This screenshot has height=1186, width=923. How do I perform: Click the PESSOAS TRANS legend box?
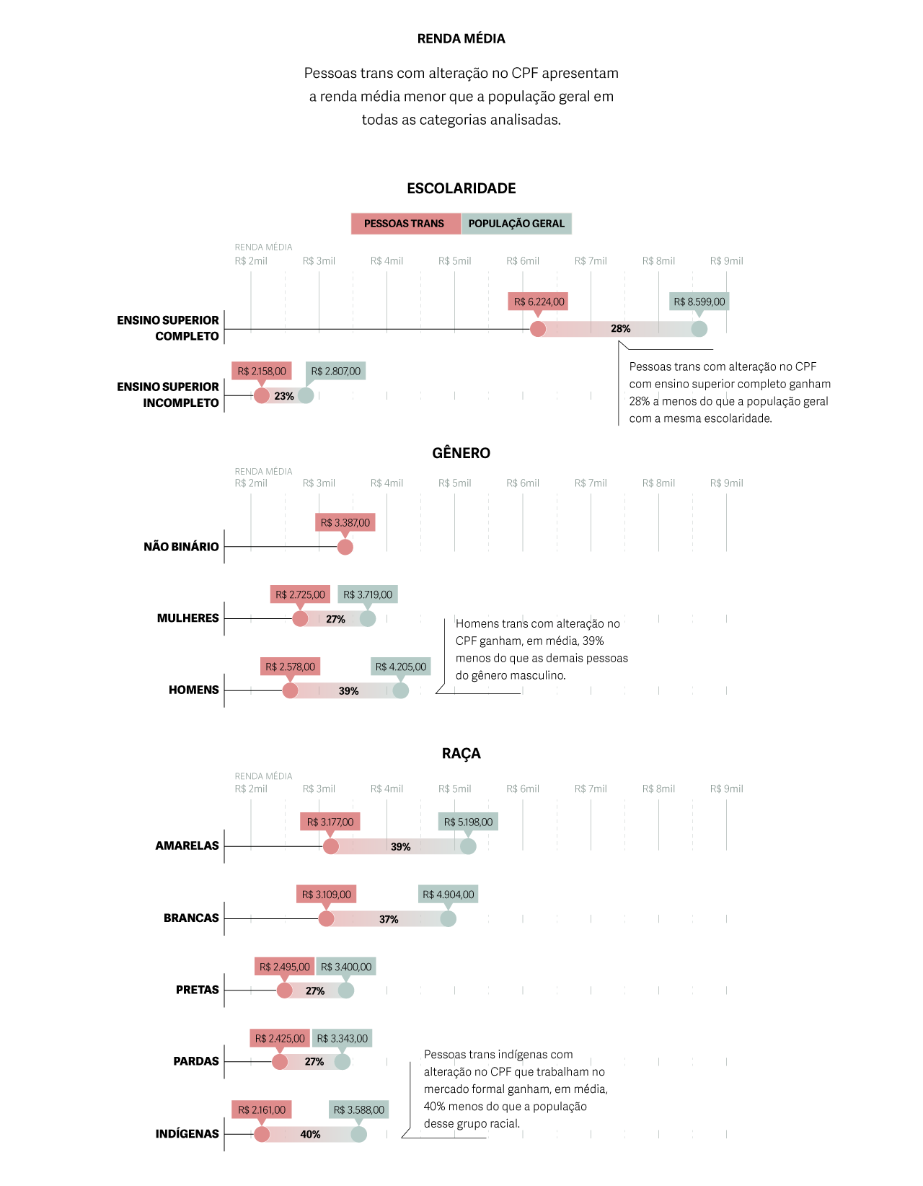405,224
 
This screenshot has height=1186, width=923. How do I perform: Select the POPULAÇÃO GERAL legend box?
516,224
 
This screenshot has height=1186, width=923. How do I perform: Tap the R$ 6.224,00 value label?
538,302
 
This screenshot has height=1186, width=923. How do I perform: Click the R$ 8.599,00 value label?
699,302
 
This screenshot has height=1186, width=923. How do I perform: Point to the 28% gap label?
620,329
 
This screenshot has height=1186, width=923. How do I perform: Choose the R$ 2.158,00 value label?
262,371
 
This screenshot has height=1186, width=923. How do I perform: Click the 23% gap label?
284,396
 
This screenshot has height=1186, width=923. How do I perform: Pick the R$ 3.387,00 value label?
345,522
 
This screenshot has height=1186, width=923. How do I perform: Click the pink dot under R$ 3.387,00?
345,548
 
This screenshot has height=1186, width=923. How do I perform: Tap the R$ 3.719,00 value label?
368,594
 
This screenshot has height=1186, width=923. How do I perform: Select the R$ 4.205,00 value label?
401,667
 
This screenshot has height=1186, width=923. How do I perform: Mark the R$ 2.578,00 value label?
291,667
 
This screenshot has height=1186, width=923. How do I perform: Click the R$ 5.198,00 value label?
468,822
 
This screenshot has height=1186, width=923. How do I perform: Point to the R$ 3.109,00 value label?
327,895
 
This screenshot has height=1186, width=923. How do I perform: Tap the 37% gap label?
389,919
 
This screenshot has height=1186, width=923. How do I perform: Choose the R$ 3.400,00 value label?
346,967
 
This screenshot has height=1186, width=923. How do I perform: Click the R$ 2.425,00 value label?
280,1038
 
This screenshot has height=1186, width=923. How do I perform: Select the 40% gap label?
310,1135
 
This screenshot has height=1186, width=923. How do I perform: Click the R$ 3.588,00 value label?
359,1110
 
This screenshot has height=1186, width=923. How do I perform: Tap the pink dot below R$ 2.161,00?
262,1135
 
